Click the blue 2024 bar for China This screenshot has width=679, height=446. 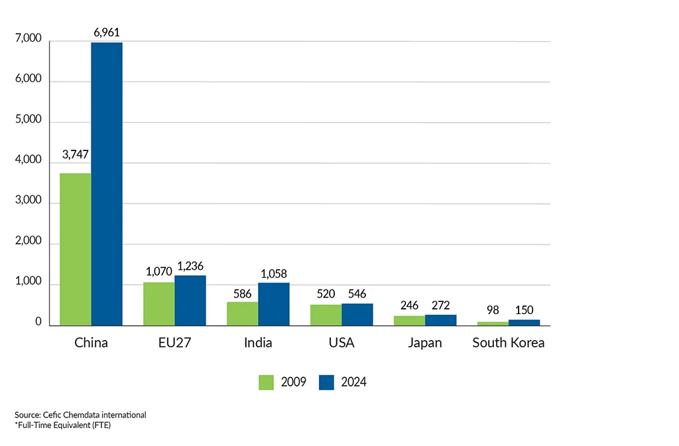pyautogui.click(x=107, y=184)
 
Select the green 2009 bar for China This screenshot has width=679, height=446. pyautogui.click(x=76, y=249)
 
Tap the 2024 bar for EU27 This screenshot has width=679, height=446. pyautogui.click(x=190, y=300)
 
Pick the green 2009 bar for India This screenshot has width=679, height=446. pyautogui.click(x=243, y=313)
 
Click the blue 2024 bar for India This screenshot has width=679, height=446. pyautogui.click(x=274, y=304)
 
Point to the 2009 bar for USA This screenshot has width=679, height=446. pyautogui.click(x=326, y=315)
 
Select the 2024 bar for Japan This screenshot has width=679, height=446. pyautogui.click(x=441, y=320)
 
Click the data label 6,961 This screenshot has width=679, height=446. pyautogui.click(x=107, y=30)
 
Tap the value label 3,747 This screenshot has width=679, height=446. pyautogui.click(x=76, y=155)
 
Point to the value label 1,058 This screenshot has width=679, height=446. pyautogui.click(x=274, y=274)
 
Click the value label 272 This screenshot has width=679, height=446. pyautogui.click(x=441, y=306)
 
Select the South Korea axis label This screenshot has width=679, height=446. pyautogui.click(x=509, y=343)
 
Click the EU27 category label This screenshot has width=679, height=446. pyautogui.click(x=174, y=343)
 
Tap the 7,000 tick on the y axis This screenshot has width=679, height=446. pyautogui.click(x=29, y=40)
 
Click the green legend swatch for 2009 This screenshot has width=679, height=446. pyautogui.click(x=266, y=382)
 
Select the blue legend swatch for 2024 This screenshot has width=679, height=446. pyautogui.click(x=326, y=382)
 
